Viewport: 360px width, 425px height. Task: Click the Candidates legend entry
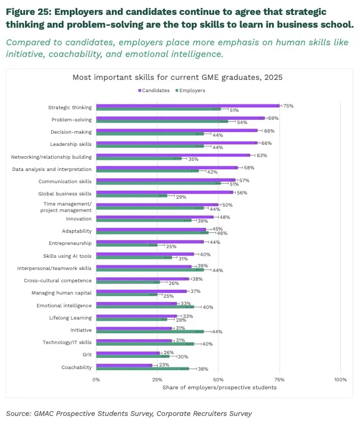coord(155,91)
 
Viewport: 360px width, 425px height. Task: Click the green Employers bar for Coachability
coord(143,369)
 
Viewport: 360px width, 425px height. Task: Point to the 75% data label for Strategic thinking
coord(288,106)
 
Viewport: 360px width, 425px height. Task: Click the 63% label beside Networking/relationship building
coord(261,156)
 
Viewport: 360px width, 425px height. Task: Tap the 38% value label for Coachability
coord(203,369)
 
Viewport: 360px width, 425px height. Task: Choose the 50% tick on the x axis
coord(218,380)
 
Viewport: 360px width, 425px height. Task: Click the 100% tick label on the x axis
coord(340,380)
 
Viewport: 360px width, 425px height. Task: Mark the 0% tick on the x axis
coord(96,380)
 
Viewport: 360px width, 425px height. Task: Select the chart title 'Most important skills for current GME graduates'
coord(177,77)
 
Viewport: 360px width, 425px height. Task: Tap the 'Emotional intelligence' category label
coord(64,306)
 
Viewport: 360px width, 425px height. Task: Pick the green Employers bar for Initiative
coord(150,331)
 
